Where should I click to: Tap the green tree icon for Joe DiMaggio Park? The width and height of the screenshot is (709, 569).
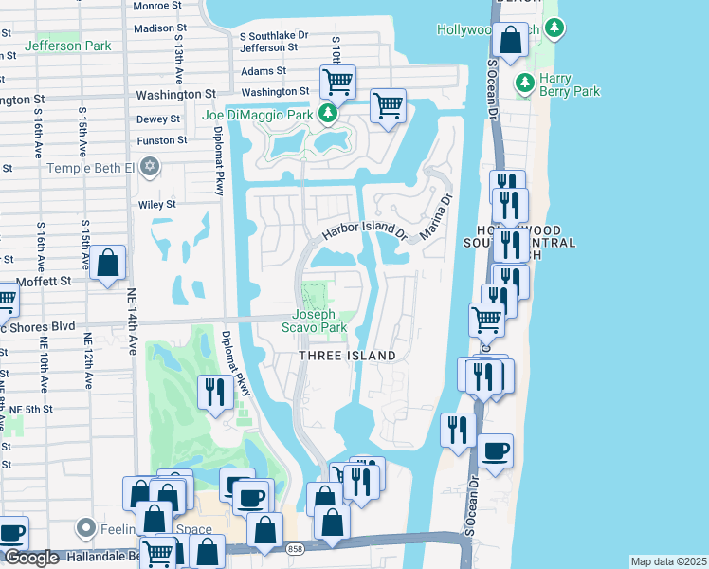(328, 115)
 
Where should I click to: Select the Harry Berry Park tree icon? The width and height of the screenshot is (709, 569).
(524, 84)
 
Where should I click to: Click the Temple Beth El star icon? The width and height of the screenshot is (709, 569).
(149, 168)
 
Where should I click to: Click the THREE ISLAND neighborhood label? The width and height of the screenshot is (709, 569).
(347, 356)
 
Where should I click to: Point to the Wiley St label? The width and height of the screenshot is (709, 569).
(157, 204)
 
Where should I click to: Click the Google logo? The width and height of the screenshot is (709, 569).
(31, 558)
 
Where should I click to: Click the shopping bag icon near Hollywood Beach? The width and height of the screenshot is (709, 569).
(510, 42)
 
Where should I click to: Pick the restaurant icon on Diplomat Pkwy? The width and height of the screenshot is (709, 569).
(214, 391)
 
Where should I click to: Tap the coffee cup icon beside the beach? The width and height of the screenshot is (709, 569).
(495, 450)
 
